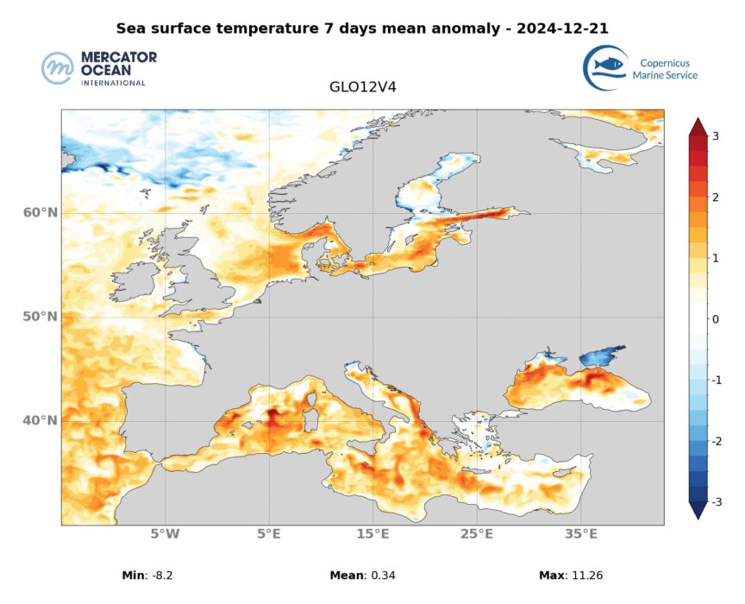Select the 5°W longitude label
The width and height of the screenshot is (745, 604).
click(x=165, y=535)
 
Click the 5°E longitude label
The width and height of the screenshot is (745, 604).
click(x=269, y=535)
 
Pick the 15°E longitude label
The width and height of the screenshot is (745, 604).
click(x=372, y=535)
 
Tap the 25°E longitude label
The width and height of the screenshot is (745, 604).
click(x=477, y=535)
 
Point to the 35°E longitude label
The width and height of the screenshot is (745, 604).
click(x=581, y=535)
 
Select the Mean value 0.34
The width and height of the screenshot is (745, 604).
click(x=379, y=576)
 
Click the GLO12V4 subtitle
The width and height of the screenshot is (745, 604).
click(x=362, y=87)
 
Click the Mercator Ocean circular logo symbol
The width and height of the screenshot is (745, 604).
click(x=58, y=68)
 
